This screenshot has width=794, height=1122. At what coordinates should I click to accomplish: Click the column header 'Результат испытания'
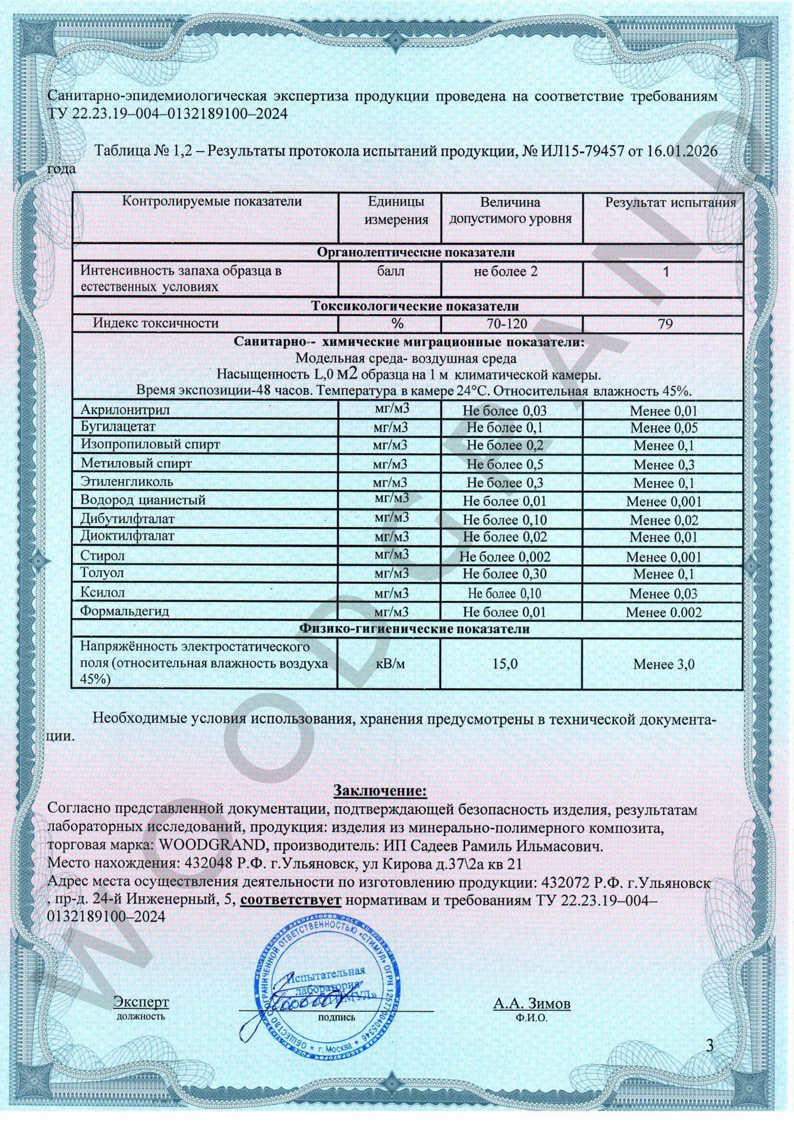click(670, 203)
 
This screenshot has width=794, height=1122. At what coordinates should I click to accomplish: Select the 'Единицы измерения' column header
click(396, 211)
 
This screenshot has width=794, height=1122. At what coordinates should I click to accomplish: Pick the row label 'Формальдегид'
click(125, 611)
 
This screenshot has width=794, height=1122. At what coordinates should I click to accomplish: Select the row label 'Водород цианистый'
click(143, 500)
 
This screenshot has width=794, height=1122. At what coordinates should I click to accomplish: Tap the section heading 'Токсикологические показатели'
click(415, 306)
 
